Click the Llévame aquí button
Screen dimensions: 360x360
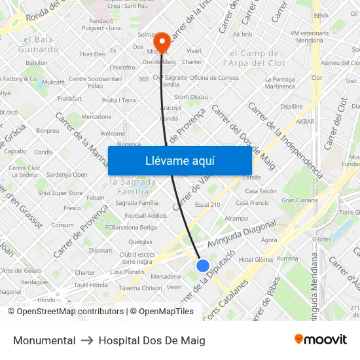click(x=179, y=160)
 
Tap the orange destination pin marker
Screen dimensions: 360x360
click(x=161, y=41)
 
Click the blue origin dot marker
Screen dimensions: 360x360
click(x=203, y=266)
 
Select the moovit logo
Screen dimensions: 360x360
click(x=321, y=340)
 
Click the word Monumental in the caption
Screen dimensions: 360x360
click(x=44, y=340)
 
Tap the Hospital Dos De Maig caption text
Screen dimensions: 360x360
click(x=152, y=340)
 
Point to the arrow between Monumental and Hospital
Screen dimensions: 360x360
click(x=87, y=340)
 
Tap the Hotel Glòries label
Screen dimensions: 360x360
click(x=255, y=260)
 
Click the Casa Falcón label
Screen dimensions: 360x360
click(x=261, y=191)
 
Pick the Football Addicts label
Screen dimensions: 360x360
click(x=145, y=215)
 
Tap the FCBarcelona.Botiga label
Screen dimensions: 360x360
click(x=131, y=227)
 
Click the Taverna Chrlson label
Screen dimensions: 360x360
click(x=140, y=287)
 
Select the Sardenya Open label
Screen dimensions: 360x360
click(x=67, y=175)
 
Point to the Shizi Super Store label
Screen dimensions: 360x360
click(x=60, y=193)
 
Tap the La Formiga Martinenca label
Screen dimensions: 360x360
click(x=280, y=82)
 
